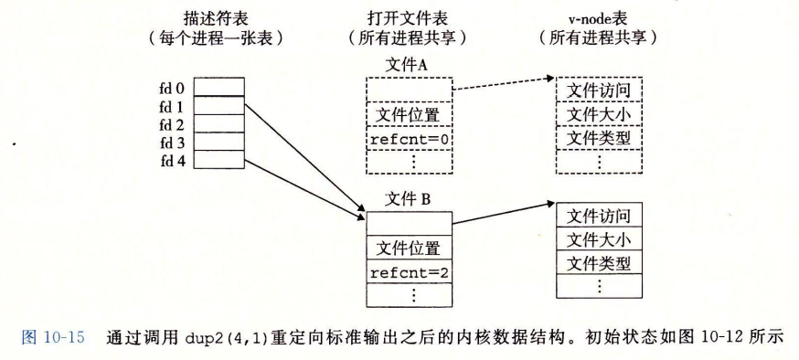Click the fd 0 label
pos(172,89)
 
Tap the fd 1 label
pos(172,107)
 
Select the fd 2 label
pos(172,124)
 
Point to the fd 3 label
pos(172,143)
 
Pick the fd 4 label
pos(172,160)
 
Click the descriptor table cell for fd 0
pos(219,88)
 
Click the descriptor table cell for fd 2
pos(219,123)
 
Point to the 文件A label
pos(408,65)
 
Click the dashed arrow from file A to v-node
pos(503,85)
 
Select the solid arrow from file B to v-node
pos(503,212)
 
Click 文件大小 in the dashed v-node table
pos(600,114)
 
